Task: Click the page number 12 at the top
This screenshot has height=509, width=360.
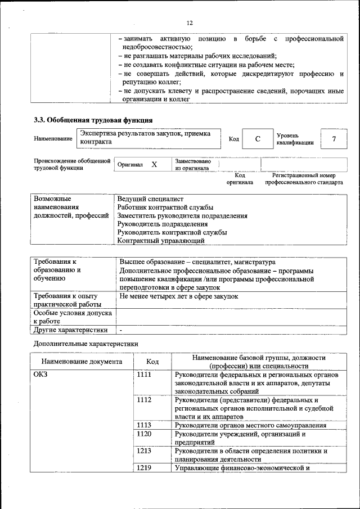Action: (190, 23)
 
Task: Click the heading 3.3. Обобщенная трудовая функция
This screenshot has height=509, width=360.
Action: (93, 120)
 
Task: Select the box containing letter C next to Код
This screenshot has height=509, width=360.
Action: (257, 138)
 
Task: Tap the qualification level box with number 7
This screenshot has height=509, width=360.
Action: (334, 138)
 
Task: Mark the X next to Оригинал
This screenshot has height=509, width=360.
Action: (154, 164)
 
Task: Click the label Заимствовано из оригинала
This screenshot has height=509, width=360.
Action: (193, 164)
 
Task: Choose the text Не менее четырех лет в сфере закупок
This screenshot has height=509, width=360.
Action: (179, 295)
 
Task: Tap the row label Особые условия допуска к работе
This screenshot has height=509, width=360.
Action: (73, 316)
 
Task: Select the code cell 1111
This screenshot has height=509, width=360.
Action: (144, 375)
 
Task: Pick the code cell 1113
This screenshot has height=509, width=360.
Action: (144, 426)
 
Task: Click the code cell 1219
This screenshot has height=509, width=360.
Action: (144, 468)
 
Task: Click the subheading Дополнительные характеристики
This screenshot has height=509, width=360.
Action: (85, 343)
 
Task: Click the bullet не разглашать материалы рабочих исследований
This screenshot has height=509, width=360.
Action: (197, 56)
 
